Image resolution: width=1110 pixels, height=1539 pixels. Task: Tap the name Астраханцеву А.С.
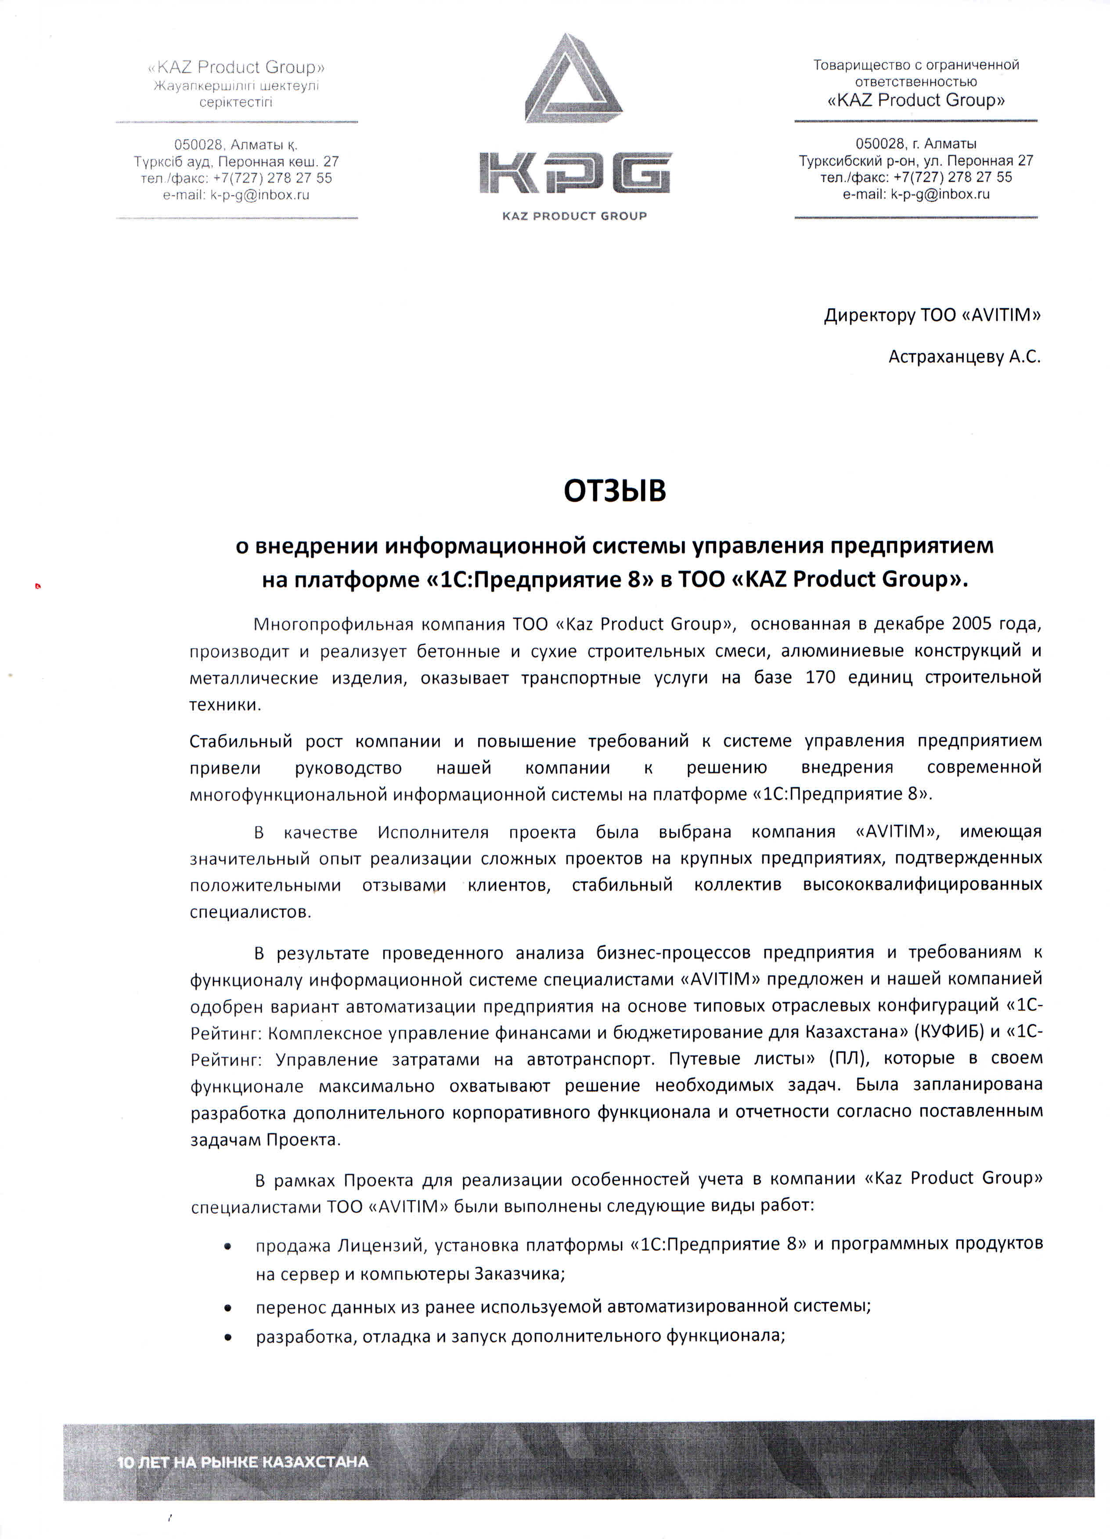coord(964,357)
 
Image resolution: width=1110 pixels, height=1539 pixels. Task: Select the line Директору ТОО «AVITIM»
coord(932,315)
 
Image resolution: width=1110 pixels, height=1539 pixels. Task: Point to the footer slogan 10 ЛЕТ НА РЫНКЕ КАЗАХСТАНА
coord(243,1462)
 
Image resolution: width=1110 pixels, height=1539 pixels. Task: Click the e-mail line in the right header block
coord(916,194)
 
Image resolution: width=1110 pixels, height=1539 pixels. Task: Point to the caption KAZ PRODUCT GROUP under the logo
coord(574,216)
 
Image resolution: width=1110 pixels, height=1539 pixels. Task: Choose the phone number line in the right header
coord(916,177)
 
